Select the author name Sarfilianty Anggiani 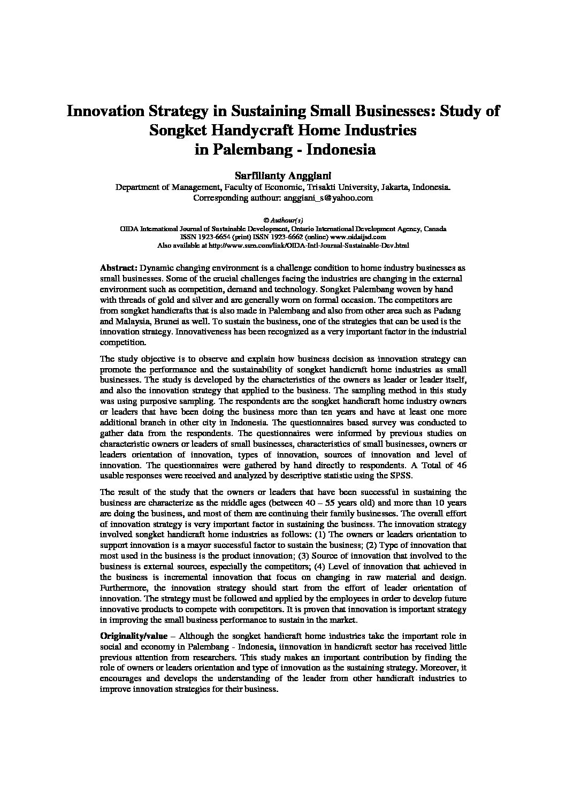click(x=282, y=176)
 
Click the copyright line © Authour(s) click(x=283, y=220)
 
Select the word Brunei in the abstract click(x=162, y=321)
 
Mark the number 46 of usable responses click(x=461, y=465)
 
